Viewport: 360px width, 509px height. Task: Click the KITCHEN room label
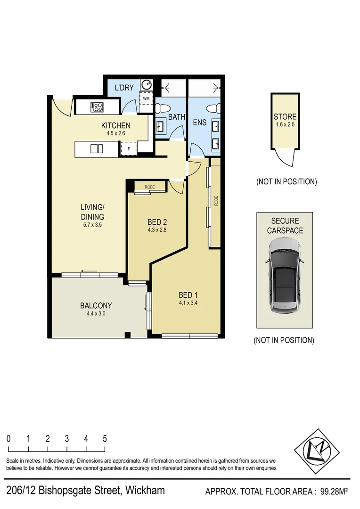pos(115,125)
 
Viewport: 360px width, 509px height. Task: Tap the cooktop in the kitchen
pos(98,107)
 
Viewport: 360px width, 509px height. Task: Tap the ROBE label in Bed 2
pos(149,187)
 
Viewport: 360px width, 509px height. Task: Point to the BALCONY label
pos(96,305)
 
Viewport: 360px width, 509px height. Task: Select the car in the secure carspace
pos(285,275)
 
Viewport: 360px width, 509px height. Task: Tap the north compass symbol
pos(315,448)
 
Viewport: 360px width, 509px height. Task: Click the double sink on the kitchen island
pos(97,149)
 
